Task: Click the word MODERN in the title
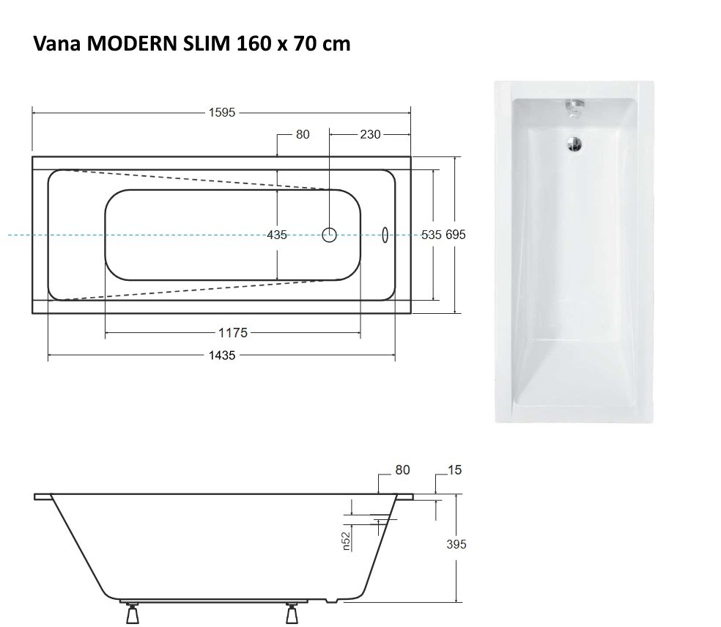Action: (x=129, y=44)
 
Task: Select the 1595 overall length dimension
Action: (x=221, y=113)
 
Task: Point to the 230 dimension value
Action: (x=370, y=134)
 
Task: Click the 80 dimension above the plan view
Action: (x=302, y=134)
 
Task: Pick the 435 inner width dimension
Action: (x=277, y=235)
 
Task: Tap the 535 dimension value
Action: (x=432, y=235)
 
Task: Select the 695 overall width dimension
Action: (x=455, y=235)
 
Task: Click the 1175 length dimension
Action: (x=233, y=333)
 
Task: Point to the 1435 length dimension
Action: (x=221, y=355)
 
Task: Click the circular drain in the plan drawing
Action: (x=330, y=235)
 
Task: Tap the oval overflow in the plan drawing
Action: (x=385, y=234)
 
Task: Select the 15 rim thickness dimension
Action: (x=454, y=470)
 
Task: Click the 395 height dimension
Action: (x=455, y=544)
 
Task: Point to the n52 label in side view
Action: (x=347, y=540)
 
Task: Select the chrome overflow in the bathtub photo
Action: (x=574, y=107)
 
